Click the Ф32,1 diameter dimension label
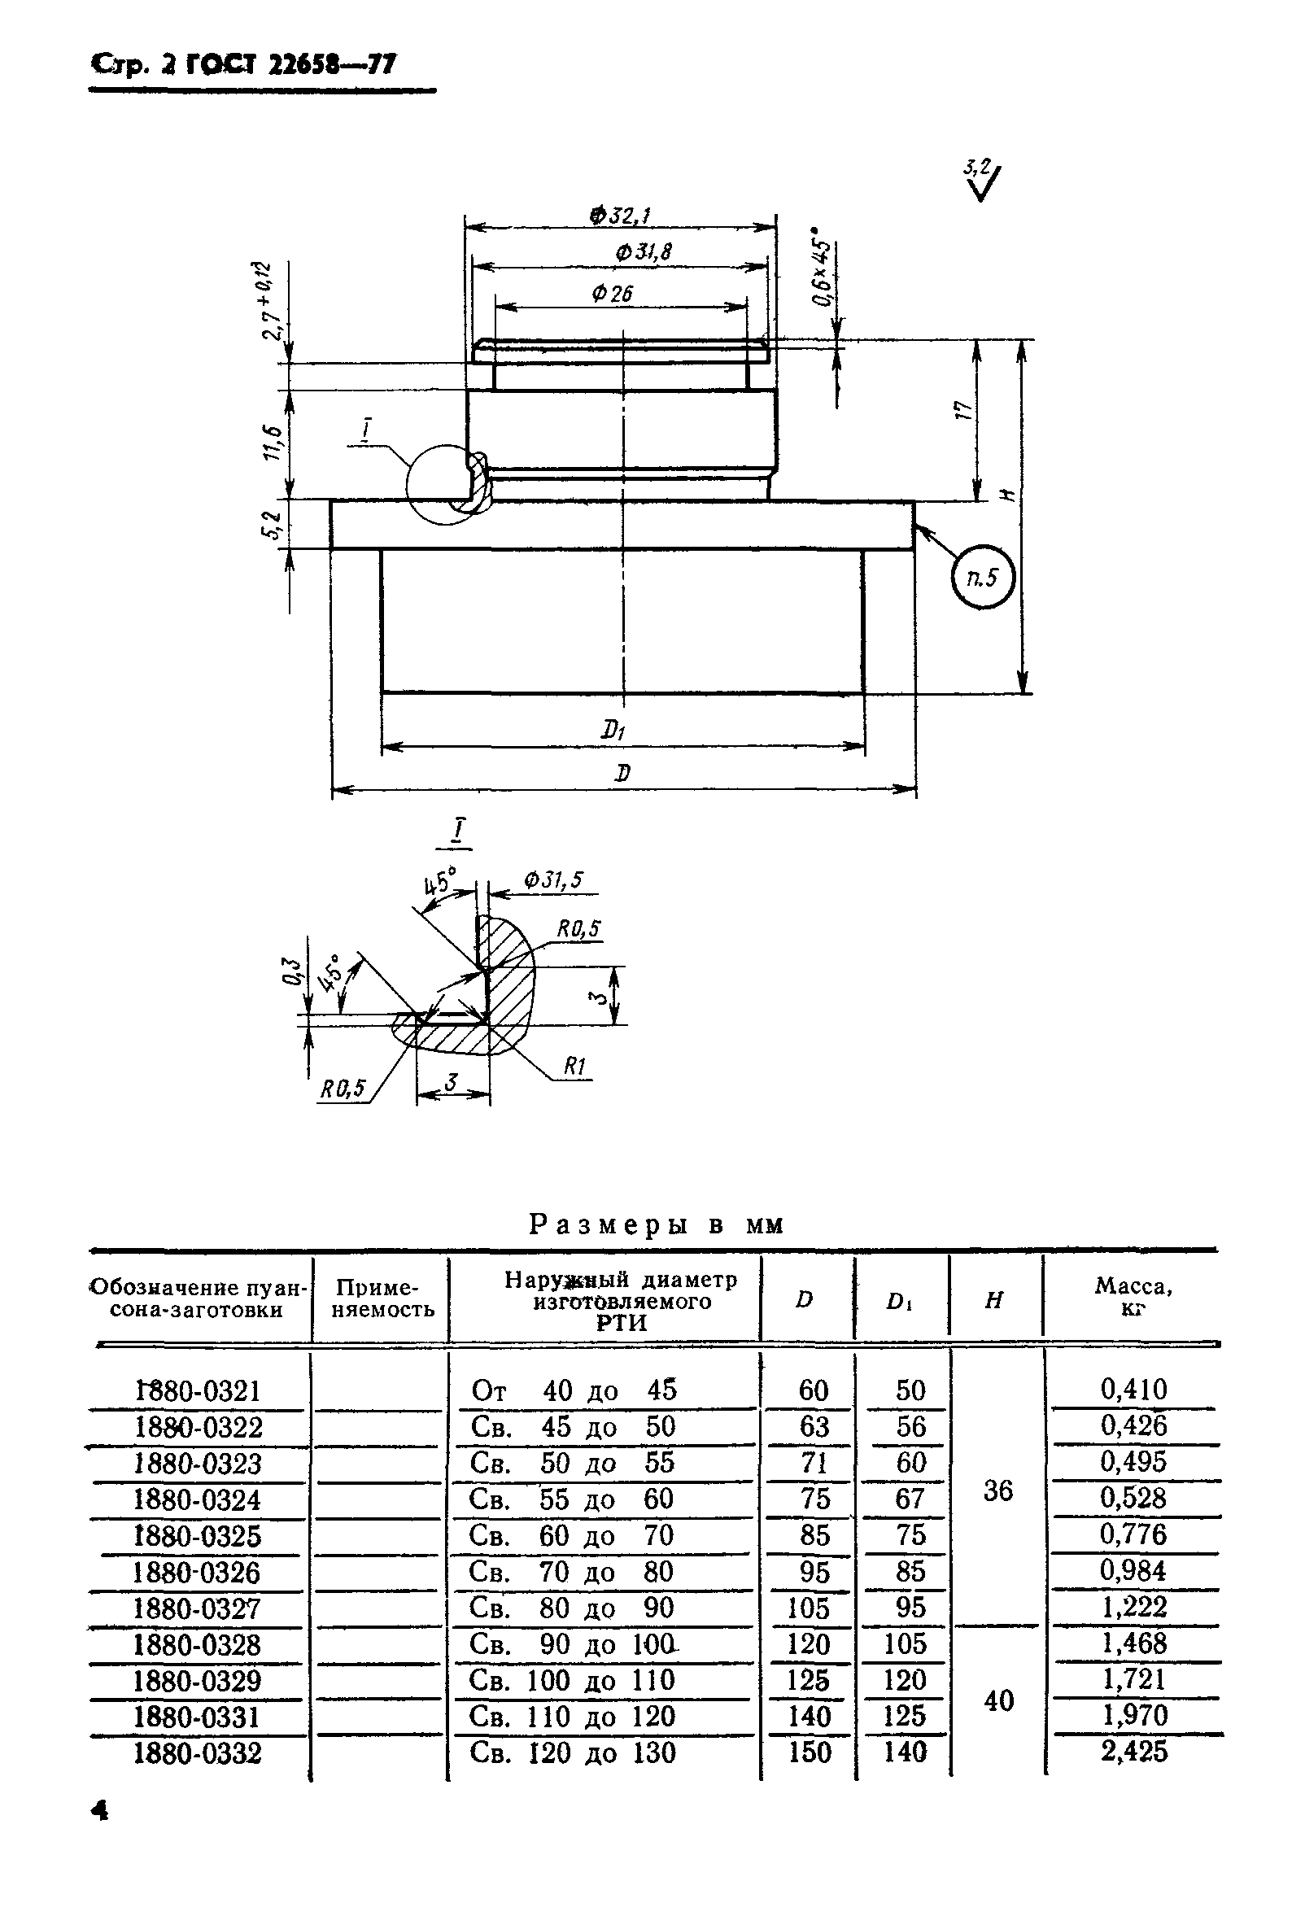tap(620, 216)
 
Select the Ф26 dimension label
tap(613, 293)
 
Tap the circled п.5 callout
tap(983, 577)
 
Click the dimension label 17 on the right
tap(963, 411)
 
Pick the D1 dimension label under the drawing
tap(613, 731)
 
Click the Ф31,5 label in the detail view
tap(553, 879)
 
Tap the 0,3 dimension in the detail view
tap(290, 971)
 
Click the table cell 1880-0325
tap(198, 1535)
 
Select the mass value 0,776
tap(1133, 1534)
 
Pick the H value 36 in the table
tap(997, 1490)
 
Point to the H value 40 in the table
tap(997, 1700)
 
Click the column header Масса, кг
tap(1133, 1298)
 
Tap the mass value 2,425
tap(1134, 1752)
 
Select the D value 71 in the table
tap(814, 1463)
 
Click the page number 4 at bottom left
tap(99, 1810)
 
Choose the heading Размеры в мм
tap(656, 1224)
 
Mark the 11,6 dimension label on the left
tap(271, 443)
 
